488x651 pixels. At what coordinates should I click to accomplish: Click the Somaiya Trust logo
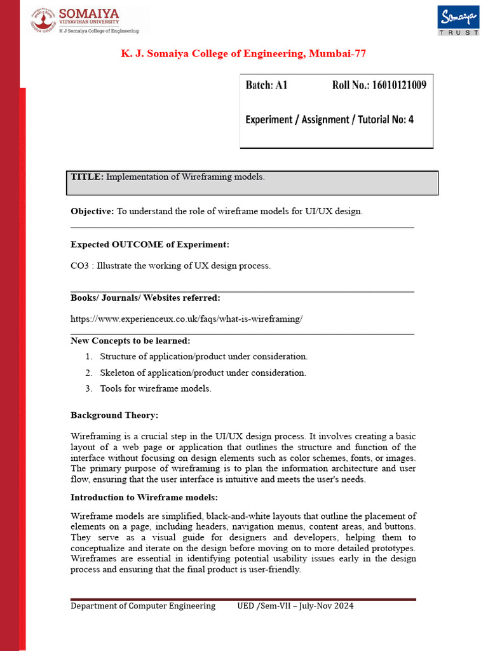pyautogui.click(x=457, y=21)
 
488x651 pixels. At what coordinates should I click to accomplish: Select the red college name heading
pyautogui.click(x=243, y=54)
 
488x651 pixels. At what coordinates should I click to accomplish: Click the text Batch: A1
pyautogui.click(x=266, y=85)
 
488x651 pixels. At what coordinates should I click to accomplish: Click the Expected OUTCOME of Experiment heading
pyautogui.click(x=149, y=244)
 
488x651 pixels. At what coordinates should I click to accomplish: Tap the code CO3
pyautogui.click(x=79, y=266)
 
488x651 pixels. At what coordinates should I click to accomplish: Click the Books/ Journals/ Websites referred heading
pyautogui.click(x=146, y=298)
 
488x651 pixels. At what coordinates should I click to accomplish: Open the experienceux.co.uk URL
pyautogui.click(x=186, y=319)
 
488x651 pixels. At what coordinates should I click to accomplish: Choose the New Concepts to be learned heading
pyautogui.click(x=130, y=341)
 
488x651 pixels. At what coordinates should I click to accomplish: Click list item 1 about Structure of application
pyautogui.click(x=203, y=357)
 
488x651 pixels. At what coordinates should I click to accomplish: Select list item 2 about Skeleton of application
pyautogui.click(x=203, y=373)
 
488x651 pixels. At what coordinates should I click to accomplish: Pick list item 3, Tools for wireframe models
pyautogui.click(x=155, y=388)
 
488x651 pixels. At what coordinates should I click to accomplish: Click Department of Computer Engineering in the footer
pyautogui.click(x=143, y=606)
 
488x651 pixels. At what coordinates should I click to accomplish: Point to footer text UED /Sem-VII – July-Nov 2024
pyautogui.click(x=295, y=606)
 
